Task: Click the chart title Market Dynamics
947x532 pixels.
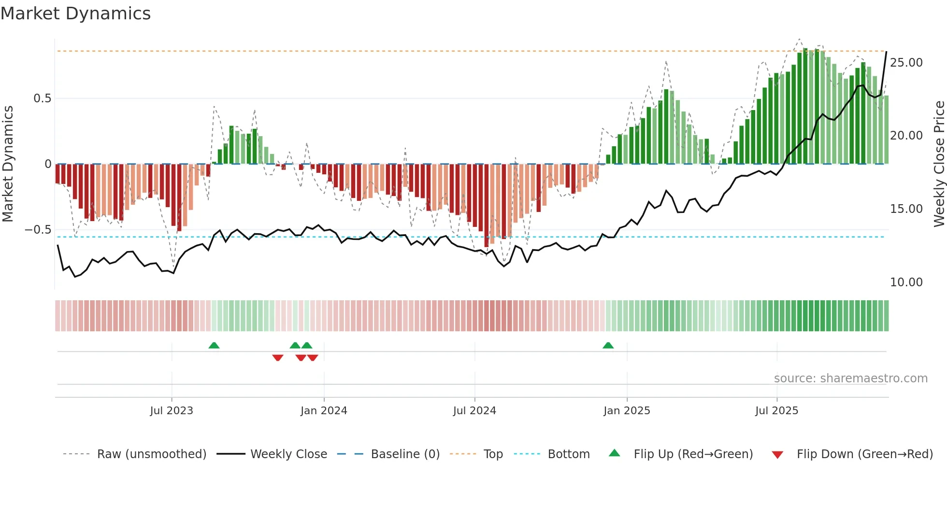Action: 75,14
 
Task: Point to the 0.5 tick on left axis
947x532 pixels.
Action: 42,98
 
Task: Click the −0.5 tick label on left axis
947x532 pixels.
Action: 38,230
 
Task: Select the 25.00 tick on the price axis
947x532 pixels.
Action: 906,63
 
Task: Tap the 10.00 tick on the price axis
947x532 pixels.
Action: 906,282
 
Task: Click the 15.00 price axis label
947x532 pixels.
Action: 906,209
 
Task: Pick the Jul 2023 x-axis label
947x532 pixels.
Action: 172,411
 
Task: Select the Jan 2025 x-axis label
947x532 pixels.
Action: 627,411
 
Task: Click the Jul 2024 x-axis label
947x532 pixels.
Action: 474,411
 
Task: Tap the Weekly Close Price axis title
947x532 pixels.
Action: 939,164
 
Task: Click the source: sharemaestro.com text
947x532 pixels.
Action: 850,378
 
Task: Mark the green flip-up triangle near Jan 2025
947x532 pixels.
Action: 608,346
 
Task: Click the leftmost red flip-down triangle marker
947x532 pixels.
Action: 278,358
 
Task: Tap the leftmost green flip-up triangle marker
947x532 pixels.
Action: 214,346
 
